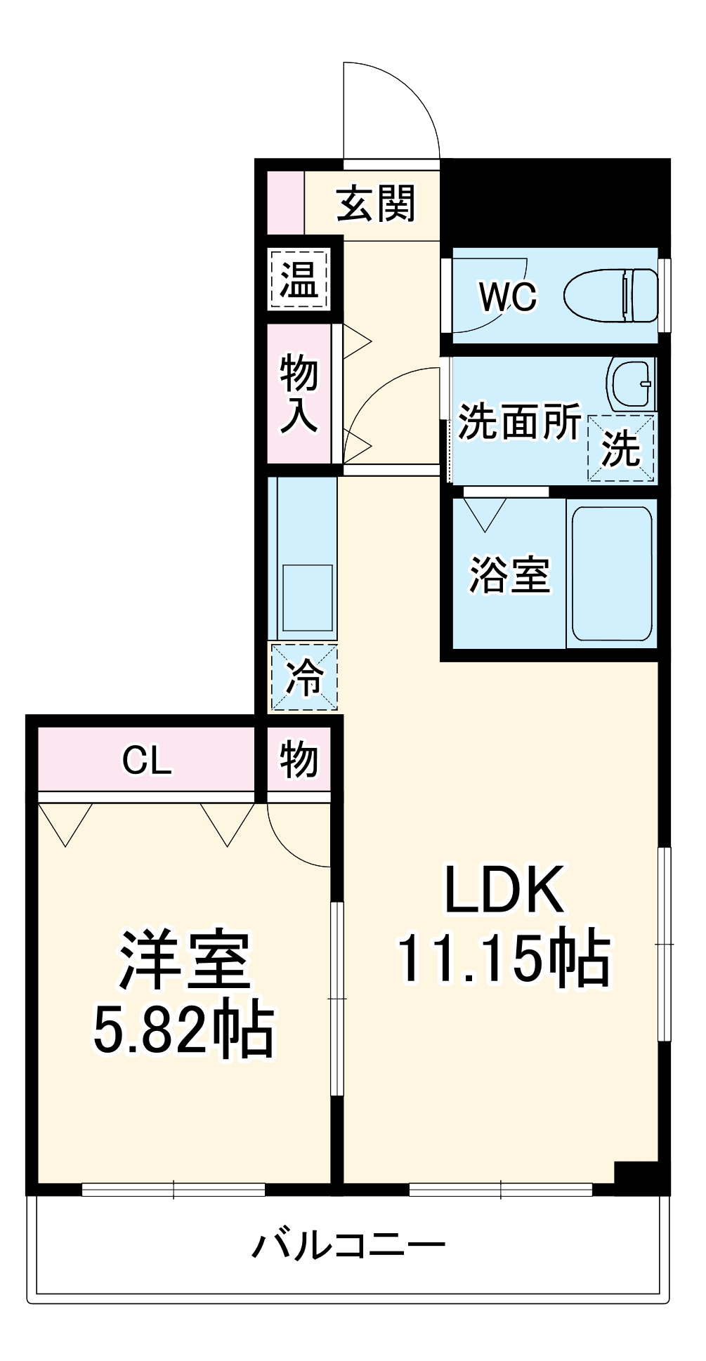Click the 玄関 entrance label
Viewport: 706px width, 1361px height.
[376, 204]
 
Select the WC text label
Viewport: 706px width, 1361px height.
[507, 297]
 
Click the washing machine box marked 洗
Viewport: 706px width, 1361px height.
[621, 448]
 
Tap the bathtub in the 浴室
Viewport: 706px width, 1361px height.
[611, 574]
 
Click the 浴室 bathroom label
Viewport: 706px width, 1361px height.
[509, 574]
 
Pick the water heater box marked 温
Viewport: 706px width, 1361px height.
[300, 279]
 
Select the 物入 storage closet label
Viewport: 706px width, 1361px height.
[299, 393]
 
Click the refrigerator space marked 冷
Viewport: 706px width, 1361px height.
[304, 678]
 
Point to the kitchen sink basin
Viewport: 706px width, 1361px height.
[307, 598]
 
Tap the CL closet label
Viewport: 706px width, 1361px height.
[147, 760]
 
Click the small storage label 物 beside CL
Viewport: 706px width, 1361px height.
[299, 760]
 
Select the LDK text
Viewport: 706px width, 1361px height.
[504, 890]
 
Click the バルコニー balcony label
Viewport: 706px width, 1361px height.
[349, 1247]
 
